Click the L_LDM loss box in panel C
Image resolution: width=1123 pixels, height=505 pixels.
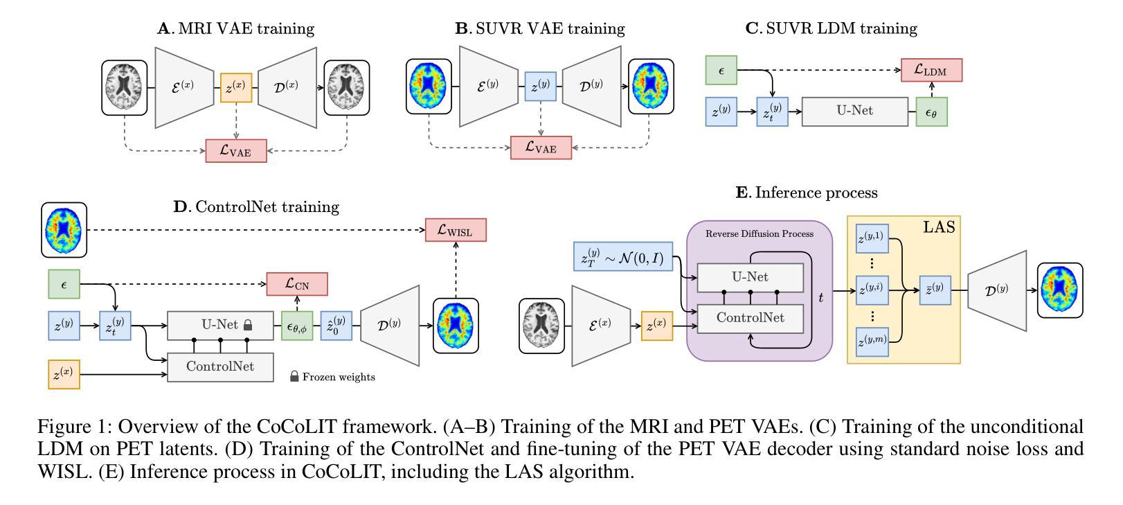931,70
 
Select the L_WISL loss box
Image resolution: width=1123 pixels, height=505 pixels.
456,230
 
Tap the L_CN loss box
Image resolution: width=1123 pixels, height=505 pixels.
297,284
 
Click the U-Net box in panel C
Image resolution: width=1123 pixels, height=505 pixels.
855,112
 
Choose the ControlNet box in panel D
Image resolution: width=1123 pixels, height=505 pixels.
220,367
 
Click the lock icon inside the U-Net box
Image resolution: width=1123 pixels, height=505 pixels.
248,325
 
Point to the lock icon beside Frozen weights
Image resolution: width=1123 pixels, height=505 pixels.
294,376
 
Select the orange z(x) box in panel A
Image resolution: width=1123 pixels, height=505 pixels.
236,88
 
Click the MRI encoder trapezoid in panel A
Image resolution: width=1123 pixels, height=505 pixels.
184,88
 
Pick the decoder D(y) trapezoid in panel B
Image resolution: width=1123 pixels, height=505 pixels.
591,87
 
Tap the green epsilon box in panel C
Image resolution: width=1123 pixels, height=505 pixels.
721,70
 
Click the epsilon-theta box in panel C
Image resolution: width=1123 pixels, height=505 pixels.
931,112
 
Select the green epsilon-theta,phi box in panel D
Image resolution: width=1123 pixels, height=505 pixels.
297,326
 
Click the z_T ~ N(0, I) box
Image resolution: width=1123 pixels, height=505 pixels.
622,257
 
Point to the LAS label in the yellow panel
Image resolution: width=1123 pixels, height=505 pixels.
939,227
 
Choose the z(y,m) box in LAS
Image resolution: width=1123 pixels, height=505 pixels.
872,341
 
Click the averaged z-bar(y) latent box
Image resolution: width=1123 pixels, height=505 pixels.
935,290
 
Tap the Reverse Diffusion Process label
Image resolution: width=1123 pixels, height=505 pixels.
759,233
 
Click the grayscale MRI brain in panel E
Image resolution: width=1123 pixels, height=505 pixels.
541,326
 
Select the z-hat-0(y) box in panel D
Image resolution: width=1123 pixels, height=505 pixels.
336,326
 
